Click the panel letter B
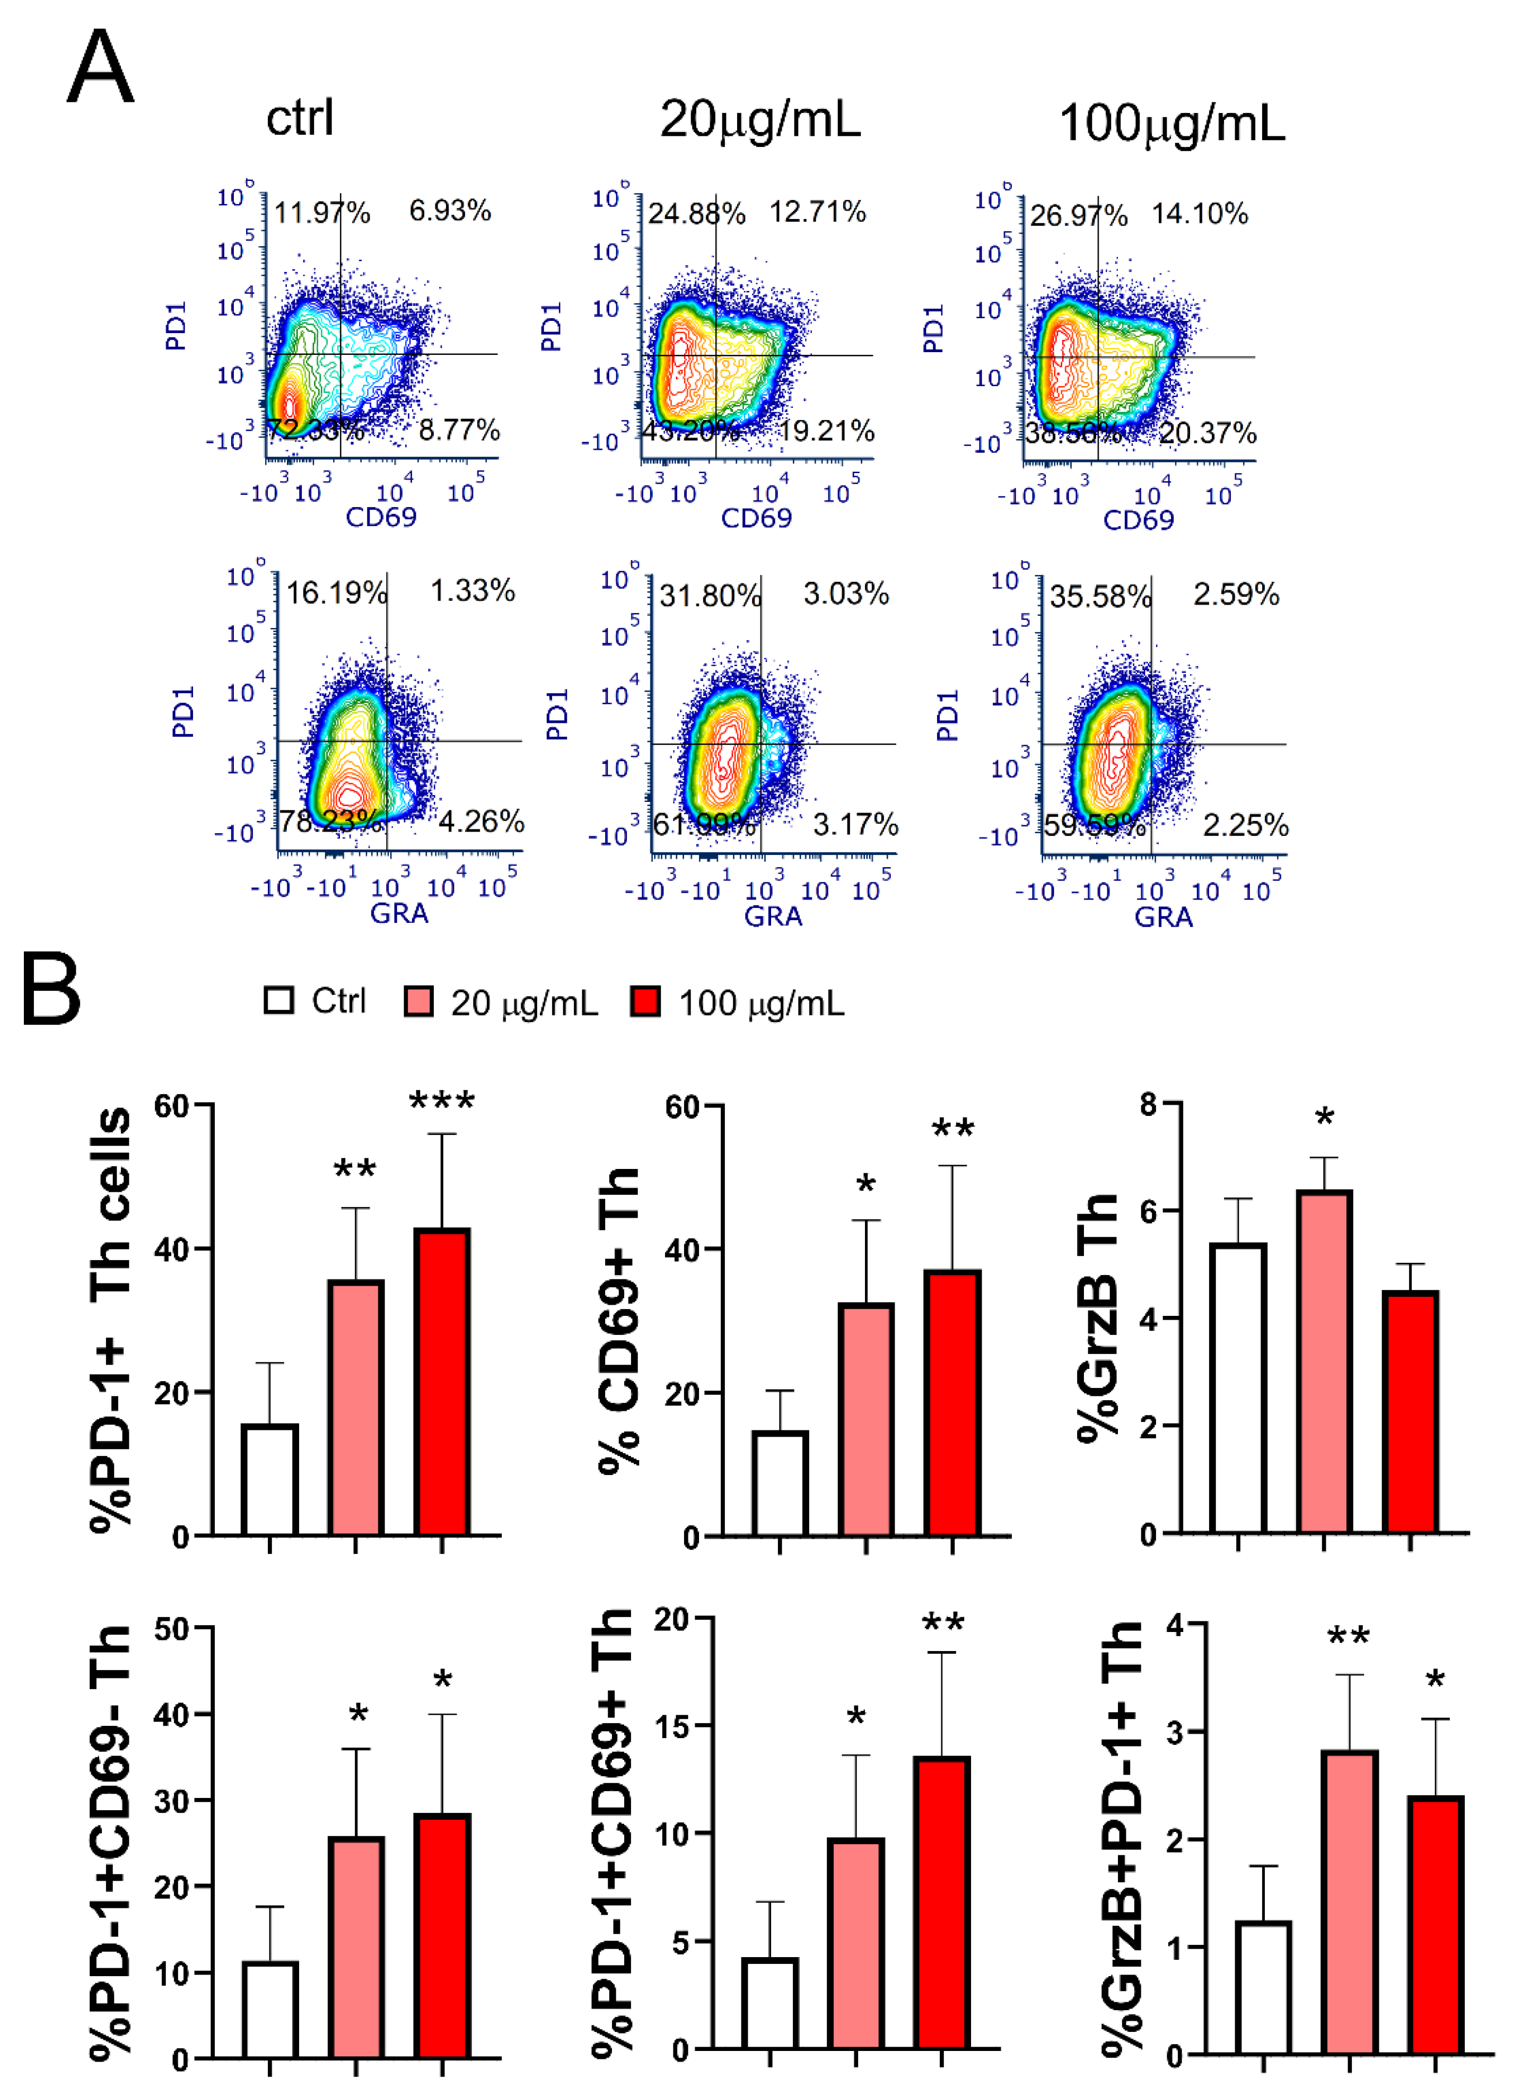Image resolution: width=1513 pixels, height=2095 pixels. coord(52,989)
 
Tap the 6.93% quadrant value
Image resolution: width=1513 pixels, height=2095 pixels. coord(450,211)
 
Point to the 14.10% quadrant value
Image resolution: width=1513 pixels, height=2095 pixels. coord(1199,214)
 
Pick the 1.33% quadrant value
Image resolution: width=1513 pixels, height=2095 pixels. coord(472,590)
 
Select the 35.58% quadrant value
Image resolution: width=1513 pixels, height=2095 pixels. coord(1100,596)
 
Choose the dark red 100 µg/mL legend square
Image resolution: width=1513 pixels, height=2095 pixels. coord(645,1001)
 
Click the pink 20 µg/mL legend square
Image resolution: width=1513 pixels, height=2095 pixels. coord(418,1001)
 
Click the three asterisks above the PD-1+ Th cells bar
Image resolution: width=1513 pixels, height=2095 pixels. coord(442,1100)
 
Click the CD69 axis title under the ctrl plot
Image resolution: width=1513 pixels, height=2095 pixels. coord(381,517)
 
